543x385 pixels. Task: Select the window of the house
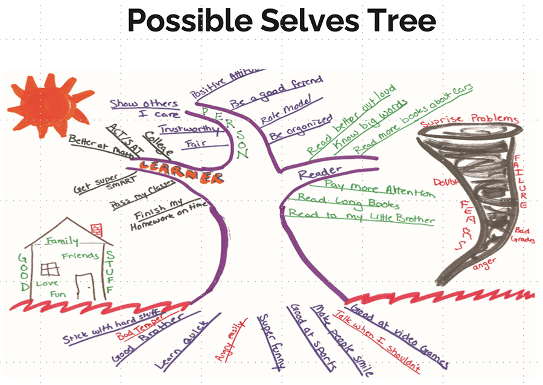(x=50, y=268)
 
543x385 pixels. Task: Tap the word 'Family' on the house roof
(x=63, y=241)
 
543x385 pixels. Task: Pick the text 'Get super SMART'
(x=104, y=184)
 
